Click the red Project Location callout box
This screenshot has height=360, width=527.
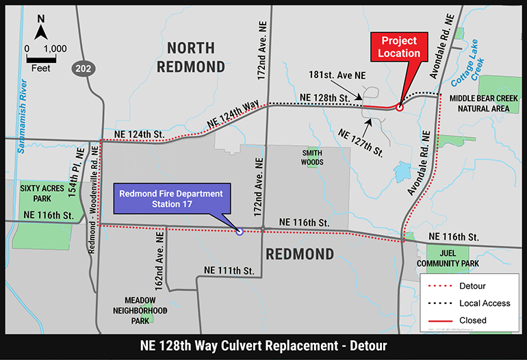tap(400, 47)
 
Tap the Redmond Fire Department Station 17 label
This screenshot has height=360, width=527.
tap(171, 198)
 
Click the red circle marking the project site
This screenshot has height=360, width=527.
tap(400, 107)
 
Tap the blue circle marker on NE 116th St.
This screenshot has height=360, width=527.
tap(239, 231)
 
